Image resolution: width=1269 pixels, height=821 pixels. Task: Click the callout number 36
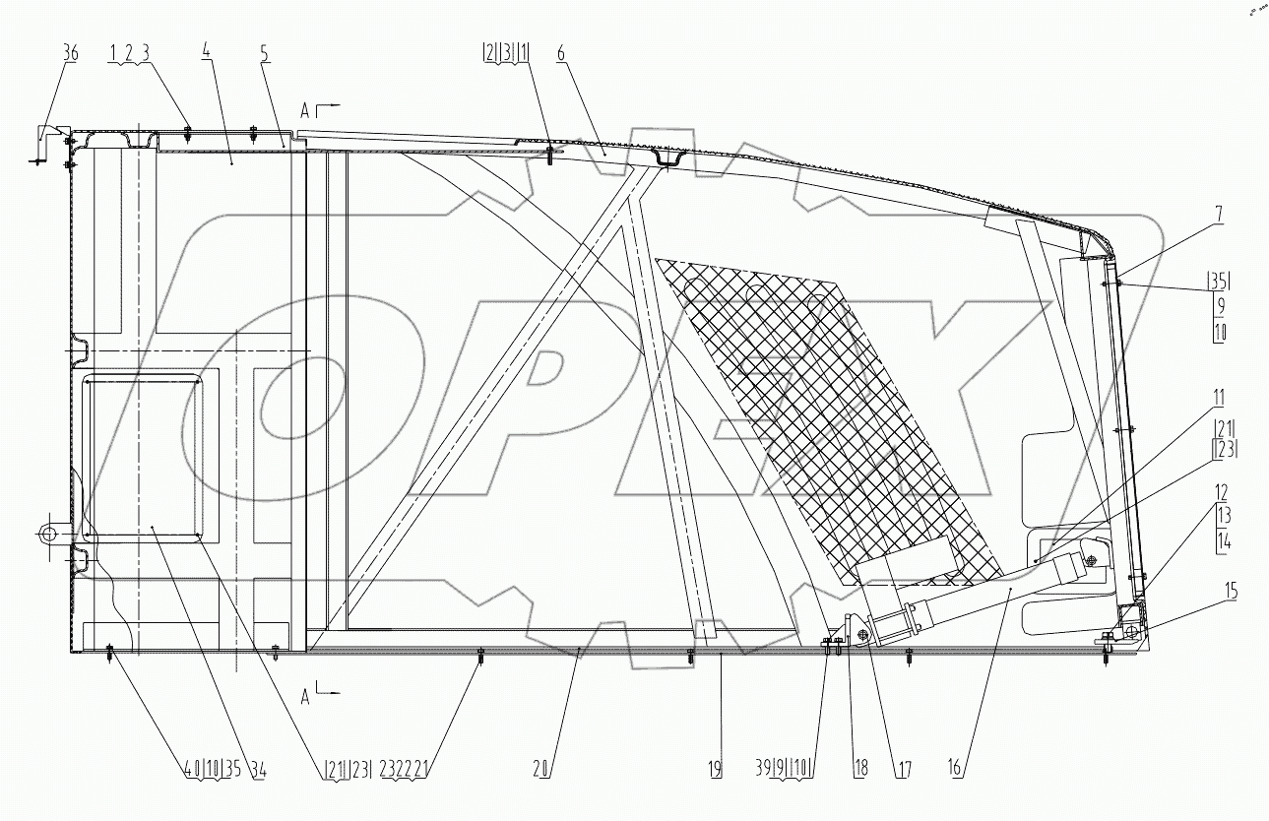click(71, 55)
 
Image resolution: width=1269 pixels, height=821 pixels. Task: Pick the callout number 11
click(1219, 399)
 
